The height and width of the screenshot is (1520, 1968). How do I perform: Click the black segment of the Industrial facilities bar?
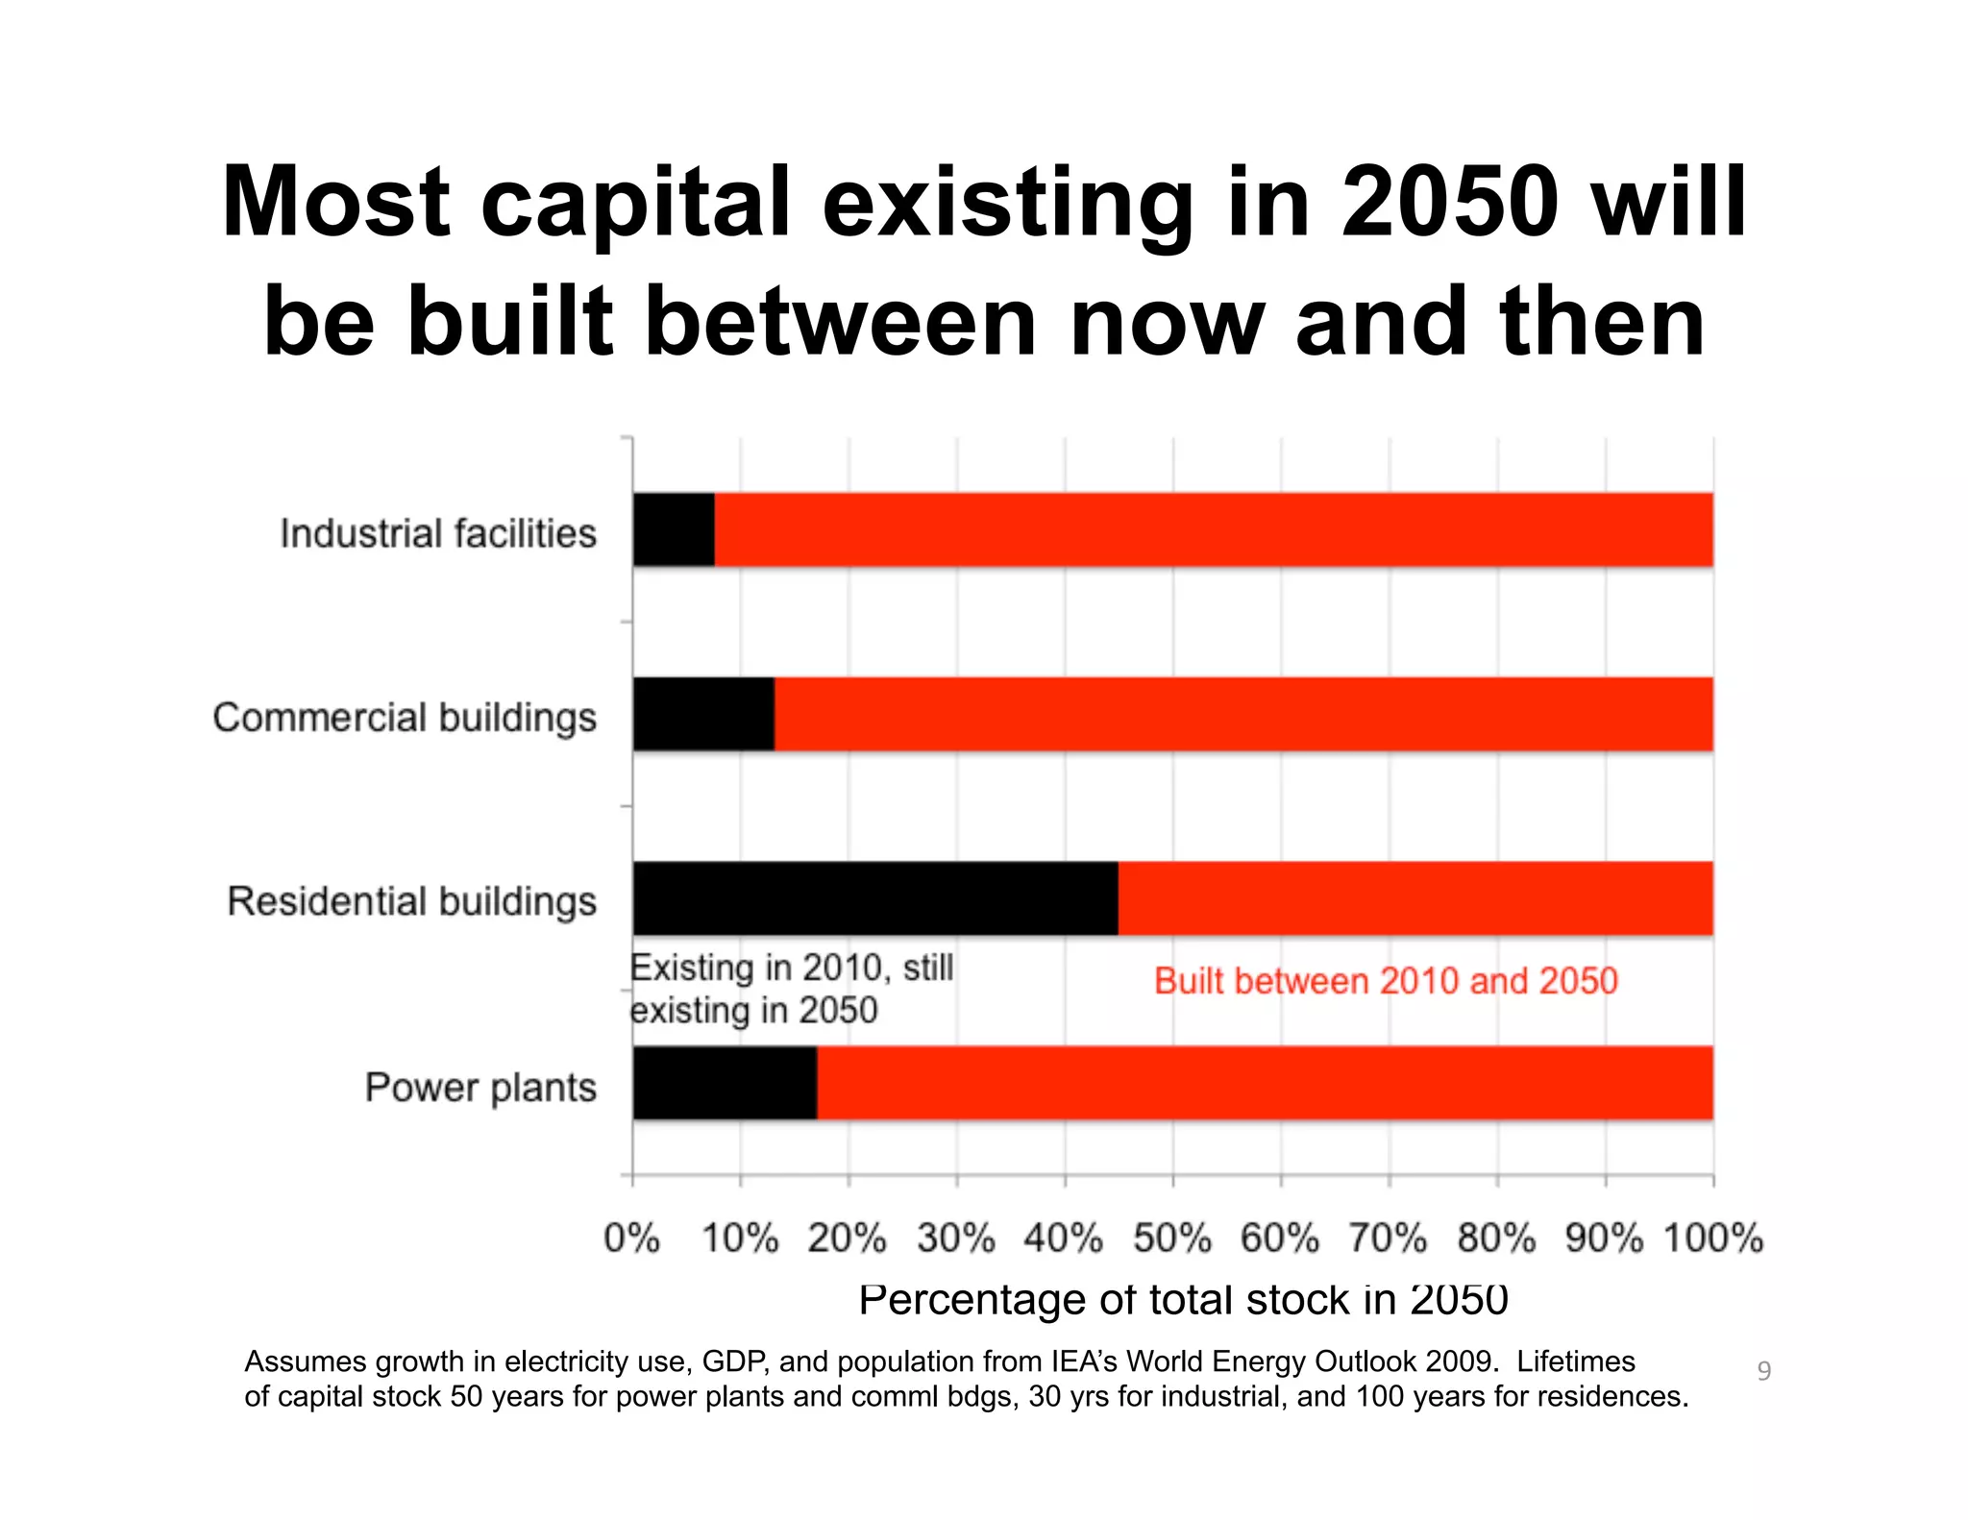pyautogui.click(x=674, y=529)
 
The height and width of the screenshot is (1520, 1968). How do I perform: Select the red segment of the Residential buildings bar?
pyautogui.click(x=1414, y=898)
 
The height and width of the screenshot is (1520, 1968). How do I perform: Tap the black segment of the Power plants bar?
pyautogui.click(x=725, y=1083)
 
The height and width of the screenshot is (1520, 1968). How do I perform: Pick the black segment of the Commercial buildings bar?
pyautogui.click(x=703, y=714)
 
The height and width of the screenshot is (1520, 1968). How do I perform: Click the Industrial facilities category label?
pyautogui.click(x=438, y=533)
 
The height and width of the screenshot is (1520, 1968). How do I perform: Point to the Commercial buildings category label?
pyautogui.click(x=405, y=718)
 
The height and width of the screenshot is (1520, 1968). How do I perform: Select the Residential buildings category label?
pyautogui.click(x=411, y=902)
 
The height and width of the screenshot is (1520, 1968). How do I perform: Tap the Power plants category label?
pyautogui.click(x=480, y=1088)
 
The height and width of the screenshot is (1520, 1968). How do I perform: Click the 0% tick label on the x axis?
pyautogui.click(x=631, y=1238)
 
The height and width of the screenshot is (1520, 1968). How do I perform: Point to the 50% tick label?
pyautogui.click(x=1172, y=1238)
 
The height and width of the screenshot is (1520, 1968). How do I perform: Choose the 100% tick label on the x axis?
pyautogui.click(x=1713, y=1238)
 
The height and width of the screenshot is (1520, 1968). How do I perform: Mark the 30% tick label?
pyautogui.click(x=956, y=1238)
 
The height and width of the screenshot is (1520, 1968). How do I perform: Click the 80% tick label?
pyautogui.click(x=1497, y=1238)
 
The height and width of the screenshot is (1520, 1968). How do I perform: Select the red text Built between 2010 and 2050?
pyautogui.click(x=1386, y=981)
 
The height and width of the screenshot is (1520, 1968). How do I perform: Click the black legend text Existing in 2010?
pyautogui.click(x=791, y=968)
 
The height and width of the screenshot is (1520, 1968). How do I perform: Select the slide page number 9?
pyautogui.click(x=1763, y=1371)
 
